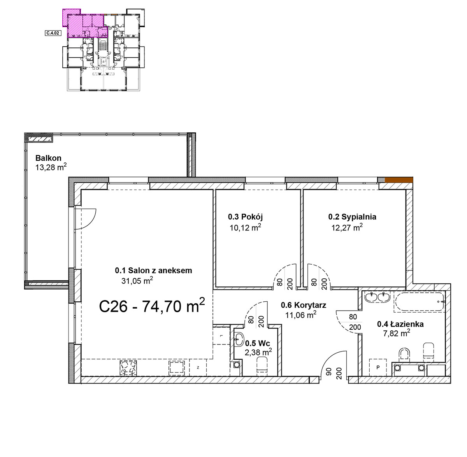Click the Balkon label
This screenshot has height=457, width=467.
click(x=48, y=158)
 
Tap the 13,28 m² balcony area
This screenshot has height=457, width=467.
click(x=51, y=167)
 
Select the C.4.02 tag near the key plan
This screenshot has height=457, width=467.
click(x=53, y=33)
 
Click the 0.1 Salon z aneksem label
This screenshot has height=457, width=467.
click(x=153, y=271)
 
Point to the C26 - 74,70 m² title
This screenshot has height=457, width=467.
click(x=152, y=306)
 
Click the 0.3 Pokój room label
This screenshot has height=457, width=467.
click(x=245, y=217)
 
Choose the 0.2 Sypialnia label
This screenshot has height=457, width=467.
click(x=352, y=217)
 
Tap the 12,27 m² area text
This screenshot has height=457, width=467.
click(x=347, y=227)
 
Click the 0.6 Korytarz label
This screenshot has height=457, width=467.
click(x=303, y=305)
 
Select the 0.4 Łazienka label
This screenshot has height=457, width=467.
click(x=400, y=324)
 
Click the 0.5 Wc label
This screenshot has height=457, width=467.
click(x=258, y=343)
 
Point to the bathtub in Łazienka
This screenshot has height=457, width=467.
click(x=419, y=302)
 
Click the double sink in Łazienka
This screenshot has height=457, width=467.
click(x=377, y=297)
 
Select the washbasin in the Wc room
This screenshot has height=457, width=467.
click(x=239, y=339)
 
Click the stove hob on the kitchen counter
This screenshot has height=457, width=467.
click(x=128, y=368)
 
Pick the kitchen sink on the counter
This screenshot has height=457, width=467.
click(x=177, y=368)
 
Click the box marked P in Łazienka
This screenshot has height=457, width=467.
click(x=378, y=367)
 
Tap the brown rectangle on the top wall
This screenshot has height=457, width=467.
click(x=399, y=180)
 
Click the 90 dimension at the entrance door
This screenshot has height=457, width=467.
click(x=329, y=371)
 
